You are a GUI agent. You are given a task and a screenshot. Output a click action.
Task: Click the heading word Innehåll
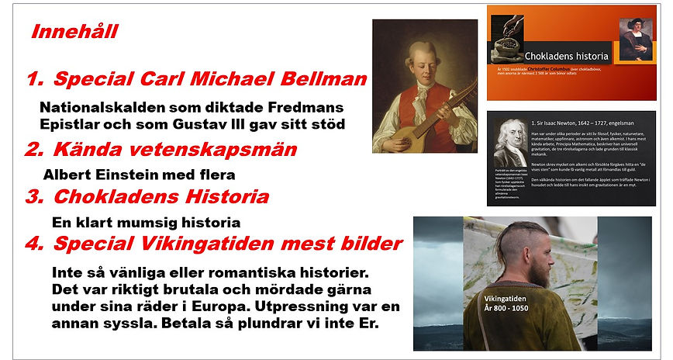[x=74, y=33]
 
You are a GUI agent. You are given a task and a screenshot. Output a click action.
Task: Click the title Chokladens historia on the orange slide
[x=567, y=57]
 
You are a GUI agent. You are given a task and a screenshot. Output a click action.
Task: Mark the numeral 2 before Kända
[x=33, y=149]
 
